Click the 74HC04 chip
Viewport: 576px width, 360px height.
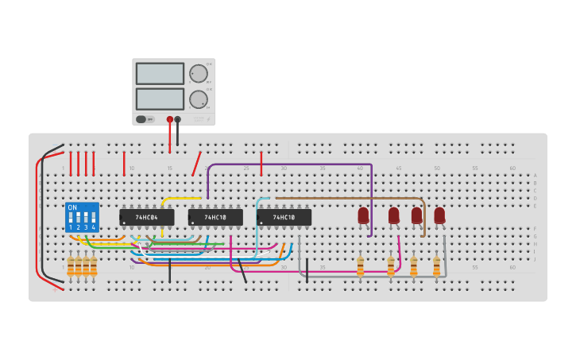click(x=147, y=217)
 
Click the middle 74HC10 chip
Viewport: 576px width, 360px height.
click(x=215, y=217)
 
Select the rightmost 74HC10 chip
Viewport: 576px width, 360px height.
click(x=284, y=217)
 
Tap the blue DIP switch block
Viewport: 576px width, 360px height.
click(x=82, y=217)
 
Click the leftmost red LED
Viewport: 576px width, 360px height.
click(x=363, y=215)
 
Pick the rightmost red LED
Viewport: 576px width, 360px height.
click(x=439, y=215)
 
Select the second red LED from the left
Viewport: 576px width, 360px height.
click(x=393, y=215)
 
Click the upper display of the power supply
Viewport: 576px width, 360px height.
click(x=160, y=74)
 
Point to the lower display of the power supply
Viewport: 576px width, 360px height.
click(x=160, y=99)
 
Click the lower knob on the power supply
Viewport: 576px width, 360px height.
click(x=198, y=99)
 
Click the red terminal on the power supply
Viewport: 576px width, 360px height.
click(x=169, y=119)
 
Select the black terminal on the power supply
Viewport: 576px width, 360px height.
click(x=177, y=119)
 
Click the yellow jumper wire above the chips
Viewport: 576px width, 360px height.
click(x=181, y=199)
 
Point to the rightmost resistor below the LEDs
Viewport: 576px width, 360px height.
click(x=436, y=265)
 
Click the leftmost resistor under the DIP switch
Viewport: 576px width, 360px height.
click(x=71, y=265)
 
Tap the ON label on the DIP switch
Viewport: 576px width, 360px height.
click(x=72, y=207)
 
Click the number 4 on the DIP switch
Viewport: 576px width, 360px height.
click(x=93, y=227)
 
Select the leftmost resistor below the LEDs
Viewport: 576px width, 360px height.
click(x=360, y=265)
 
